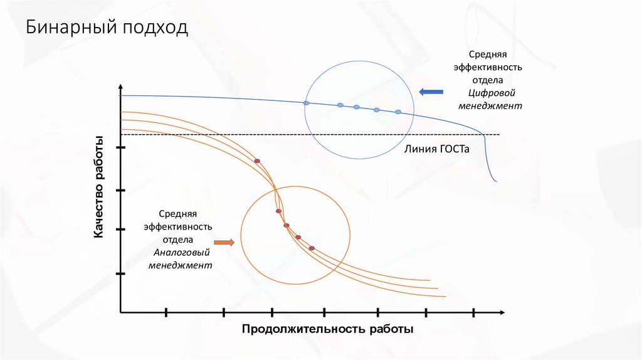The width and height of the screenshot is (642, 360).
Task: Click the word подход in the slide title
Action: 157,29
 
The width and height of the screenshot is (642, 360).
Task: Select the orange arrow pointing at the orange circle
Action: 224,242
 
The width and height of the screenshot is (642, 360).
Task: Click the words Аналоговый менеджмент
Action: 181,259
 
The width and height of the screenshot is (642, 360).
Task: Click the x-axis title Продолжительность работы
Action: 328,329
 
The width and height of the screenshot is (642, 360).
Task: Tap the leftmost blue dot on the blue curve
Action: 307,103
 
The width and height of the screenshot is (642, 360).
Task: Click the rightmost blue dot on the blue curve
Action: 398,112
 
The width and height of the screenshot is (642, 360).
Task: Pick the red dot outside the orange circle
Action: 257,161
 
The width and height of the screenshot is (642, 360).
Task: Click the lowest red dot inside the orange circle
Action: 312,248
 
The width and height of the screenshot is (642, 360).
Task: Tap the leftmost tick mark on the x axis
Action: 166,312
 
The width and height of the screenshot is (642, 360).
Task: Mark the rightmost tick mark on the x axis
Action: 474,312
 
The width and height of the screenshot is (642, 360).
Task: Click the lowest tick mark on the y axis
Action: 120,275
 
